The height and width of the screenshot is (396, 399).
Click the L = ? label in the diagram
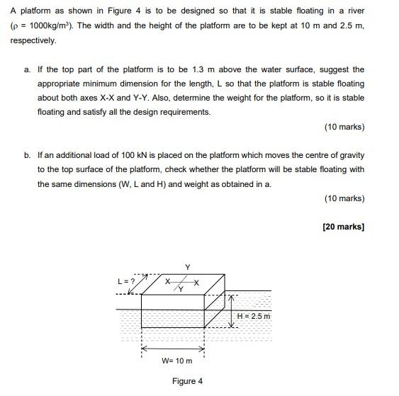[x=126, y=281]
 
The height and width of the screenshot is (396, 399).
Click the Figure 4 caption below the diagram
[x=187, y=381]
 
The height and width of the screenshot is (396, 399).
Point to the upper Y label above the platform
[x=187, y=267]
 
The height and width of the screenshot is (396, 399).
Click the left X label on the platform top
[x=167, y=282]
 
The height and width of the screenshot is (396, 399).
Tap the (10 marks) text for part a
[x=344, y=127]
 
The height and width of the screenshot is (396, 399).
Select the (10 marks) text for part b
[x=344, y=198]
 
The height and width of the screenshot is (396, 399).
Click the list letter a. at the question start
[x=27, y=69]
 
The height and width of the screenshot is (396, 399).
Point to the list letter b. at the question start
[x=27, y=155]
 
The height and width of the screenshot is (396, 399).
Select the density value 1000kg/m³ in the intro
[x=50, y=27]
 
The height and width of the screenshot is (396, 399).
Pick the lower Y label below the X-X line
[x=180, y=290]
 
